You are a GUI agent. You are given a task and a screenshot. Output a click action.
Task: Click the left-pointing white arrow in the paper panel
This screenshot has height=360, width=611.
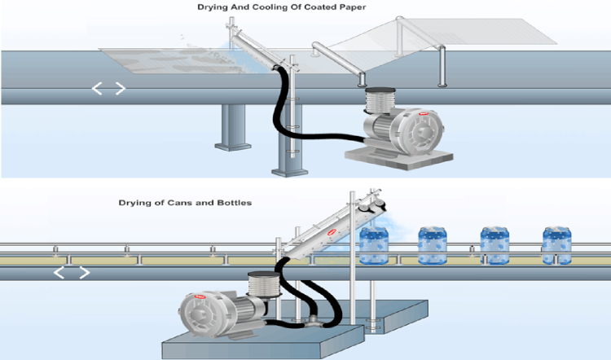[x=98, y=88]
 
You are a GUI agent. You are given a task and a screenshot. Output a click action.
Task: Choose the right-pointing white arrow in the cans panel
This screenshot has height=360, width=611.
[x=82, y=272]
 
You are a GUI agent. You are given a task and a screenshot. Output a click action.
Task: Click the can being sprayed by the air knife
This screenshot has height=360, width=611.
[x=374, y=244]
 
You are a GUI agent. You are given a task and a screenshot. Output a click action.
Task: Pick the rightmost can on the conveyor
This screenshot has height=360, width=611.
[x=556, y=244]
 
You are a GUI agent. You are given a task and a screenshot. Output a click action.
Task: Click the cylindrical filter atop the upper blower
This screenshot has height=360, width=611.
[x=380, y=102]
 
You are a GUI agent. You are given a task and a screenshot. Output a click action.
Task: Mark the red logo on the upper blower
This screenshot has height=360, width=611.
[x=422, y=116]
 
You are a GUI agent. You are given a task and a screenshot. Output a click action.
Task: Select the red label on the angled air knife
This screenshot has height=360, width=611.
[x=332, y=232]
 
